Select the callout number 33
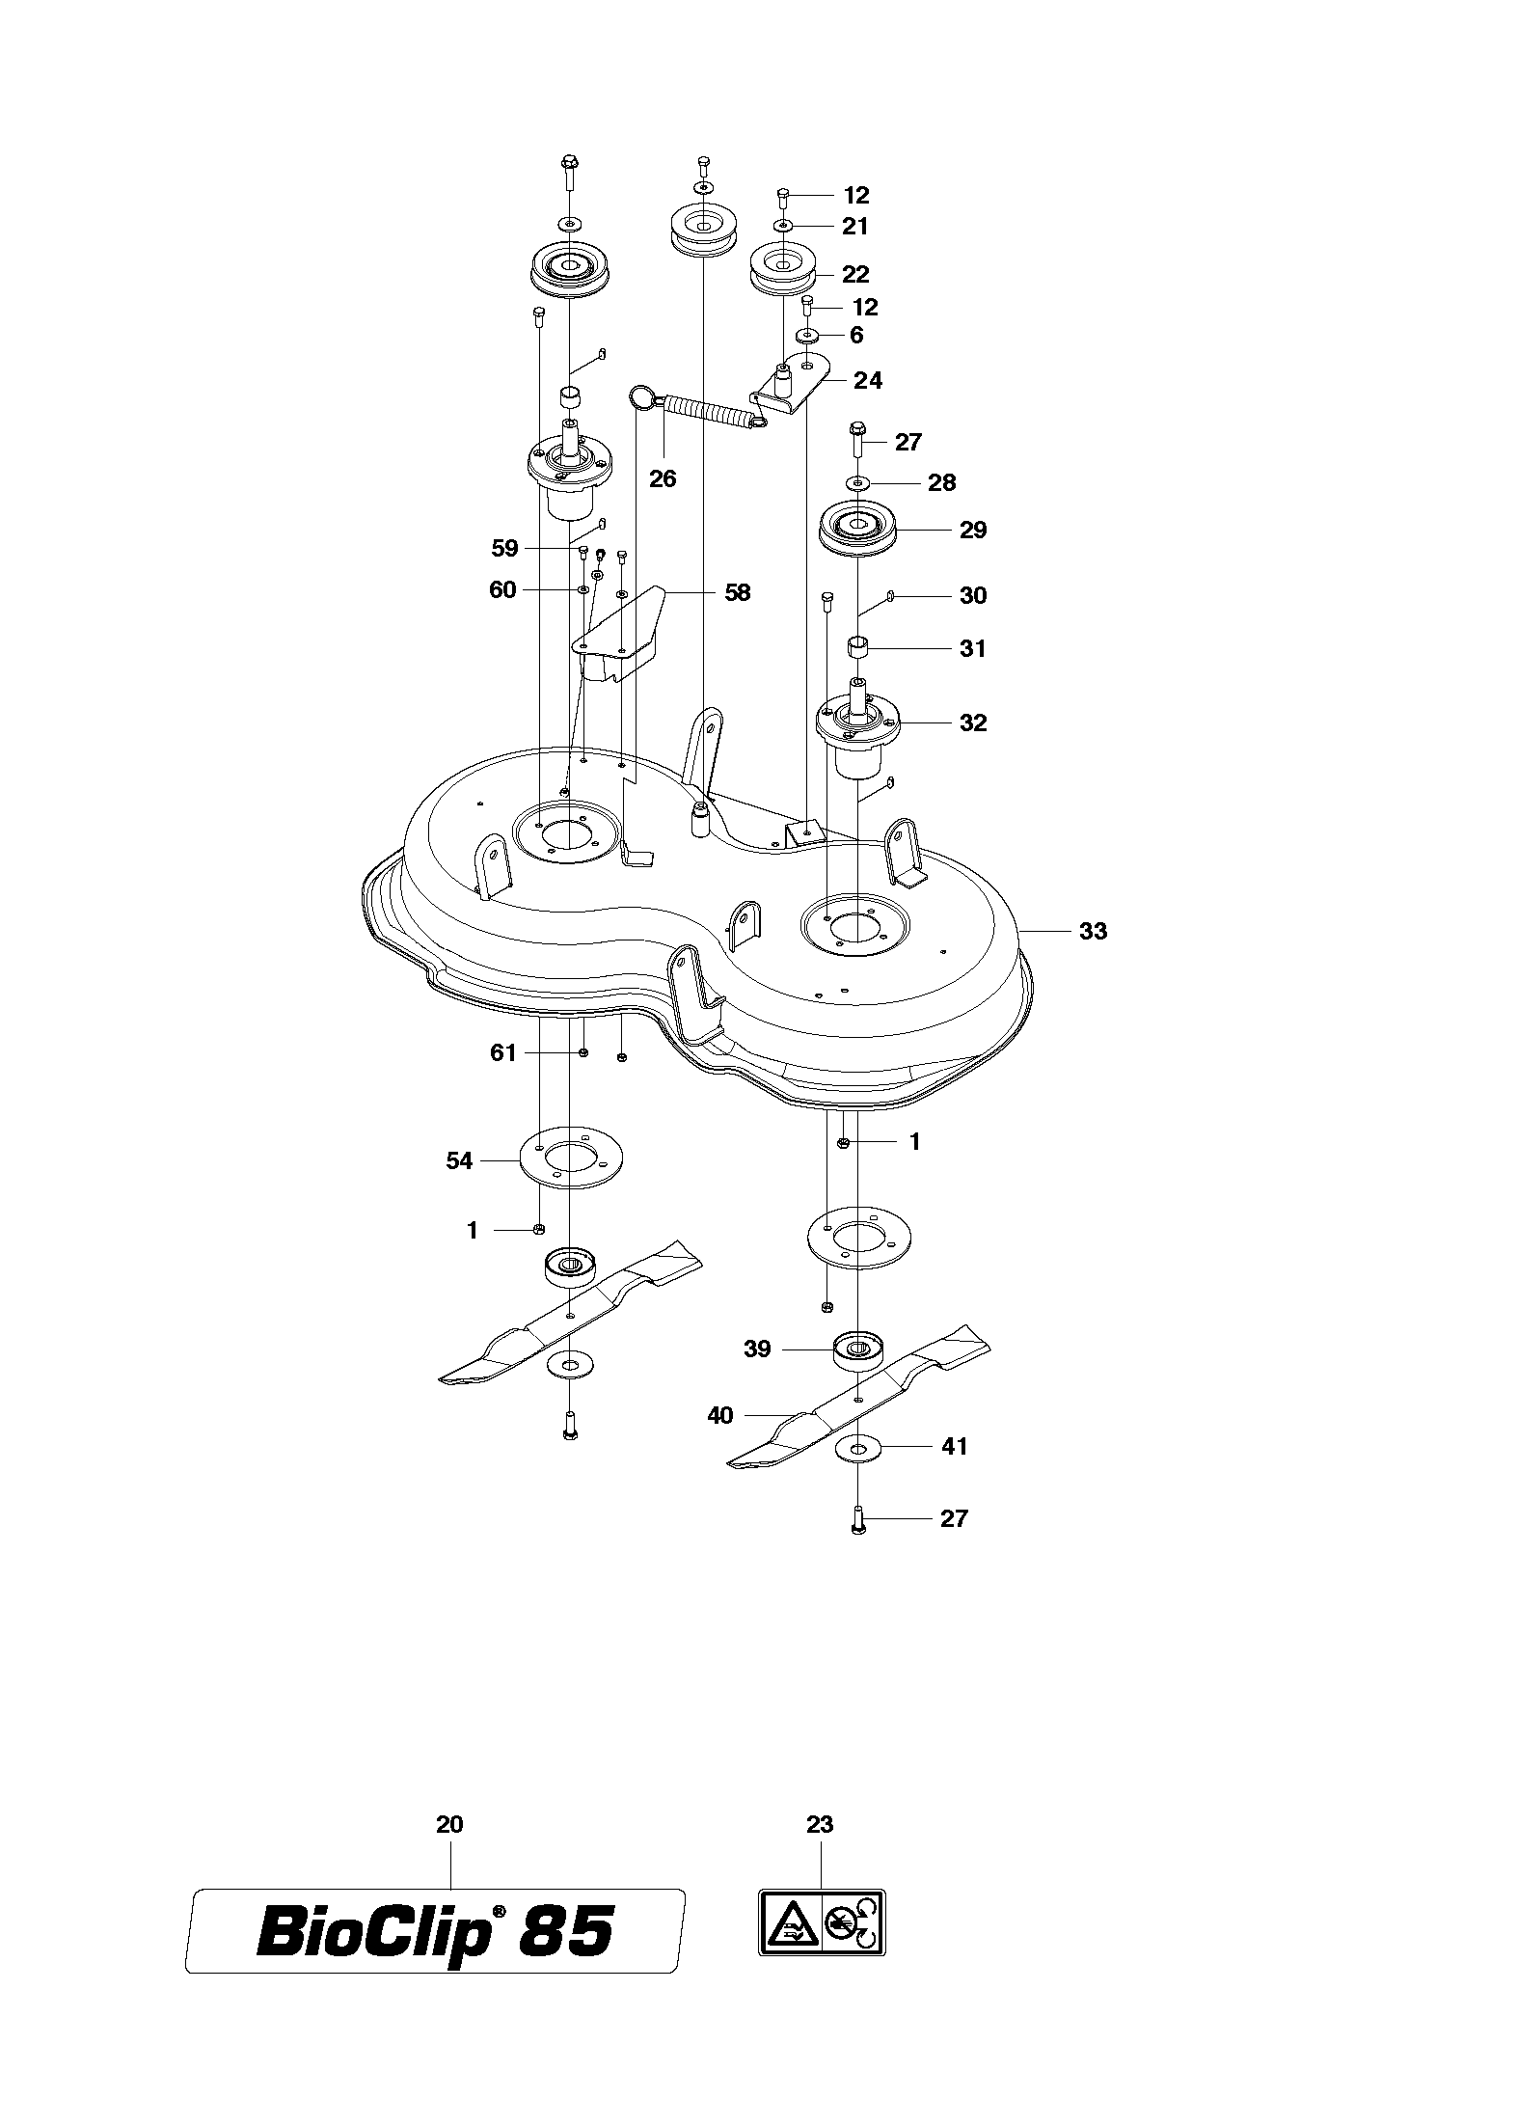pyautogui.click(x=1093, y=931)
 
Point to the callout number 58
pyautogui.click(x=737, y=591)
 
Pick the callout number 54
pyautogui.click(x=459, y=1161)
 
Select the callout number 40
pyautogui.click(x=720, y=1415)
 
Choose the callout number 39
pyautogui.click(x=757, y=1349)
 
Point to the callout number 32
pyautogui.click(x=973, y=722)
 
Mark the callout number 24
pyautogui.click(x=868, y=380)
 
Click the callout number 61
pyautogui.click(x=503, y=1052)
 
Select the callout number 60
pyautogui.click(x=503, y=589)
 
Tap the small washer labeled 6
pyautogui.click(x=807, y=336)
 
